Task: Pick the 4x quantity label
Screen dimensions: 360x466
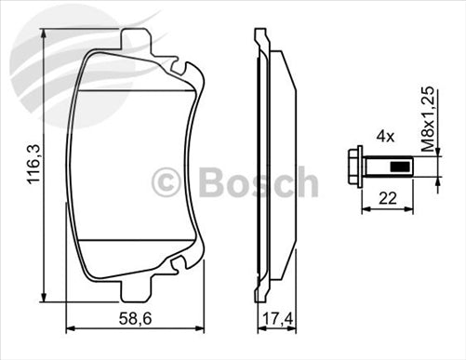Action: coord(385,137)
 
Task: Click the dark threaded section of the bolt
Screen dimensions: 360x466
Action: coord(398,168)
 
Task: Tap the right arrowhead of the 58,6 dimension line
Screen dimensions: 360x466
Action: coord(204,328)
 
